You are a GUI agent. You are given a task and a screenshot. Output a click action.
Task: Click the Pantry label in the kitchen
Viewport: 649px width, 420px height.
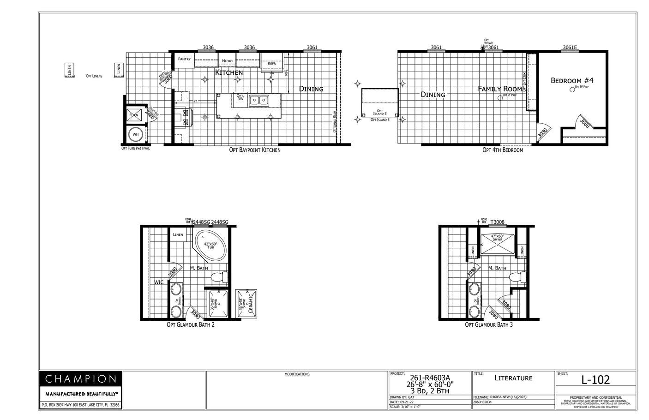click(x=184, y=59)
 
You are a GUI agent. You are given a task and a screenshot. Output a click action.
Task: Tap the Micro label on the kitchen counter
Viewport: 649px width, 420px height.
click(x=227, y=61)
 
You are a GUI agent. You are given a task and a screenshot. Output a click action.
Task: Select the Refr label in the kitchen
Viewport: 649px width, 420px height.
click(x=271, y=63)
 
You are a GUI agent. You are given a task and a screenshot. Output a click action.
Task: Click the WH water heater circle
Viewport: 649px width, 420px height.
click(x=136, y=134)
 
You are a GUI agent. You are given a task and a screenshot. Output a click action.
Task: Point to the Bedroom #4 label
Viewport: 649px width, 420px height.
click(x=572, y=80)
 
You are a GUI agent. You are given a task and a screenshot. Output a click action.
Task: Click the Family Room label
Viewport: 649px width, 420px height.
click(x=499, y=89)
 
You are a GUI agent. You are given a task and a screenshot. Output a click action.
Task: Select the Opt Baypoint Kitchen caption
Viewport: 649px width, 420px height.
click(x=255, y=150)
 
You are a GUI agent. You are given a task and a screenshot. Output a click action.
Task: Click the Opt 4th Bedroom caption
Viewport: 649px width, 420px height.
click(x=503, y=150)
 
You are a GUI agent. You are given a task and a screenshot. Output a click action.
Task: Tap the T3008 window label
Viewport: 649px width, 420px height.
click(x=498, y=222)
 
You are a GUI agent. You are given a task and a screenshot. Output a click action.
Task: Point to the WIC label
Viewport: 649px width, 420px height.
click(x=159, y=282)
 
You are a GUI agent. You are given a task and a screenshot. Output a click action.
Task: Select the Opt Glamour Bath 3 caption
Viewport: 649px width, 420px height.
click(x=489, y=324)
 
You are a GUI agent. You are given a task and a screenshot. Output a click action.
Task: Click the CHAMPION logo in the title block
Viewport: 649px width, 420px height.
click(x=81, y=379)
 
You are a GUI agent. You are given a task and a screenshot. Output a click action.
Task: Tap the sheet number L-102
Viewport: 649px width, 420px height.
click(x=595, y=380)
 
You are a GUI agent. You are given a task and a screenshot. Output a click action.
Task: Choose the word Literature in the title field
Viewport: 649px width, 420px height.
click(x=513, y=378)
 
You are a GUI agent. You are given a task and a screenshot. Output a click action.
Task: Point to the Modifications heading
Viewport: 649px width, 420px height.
click(x=297, y=374)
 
